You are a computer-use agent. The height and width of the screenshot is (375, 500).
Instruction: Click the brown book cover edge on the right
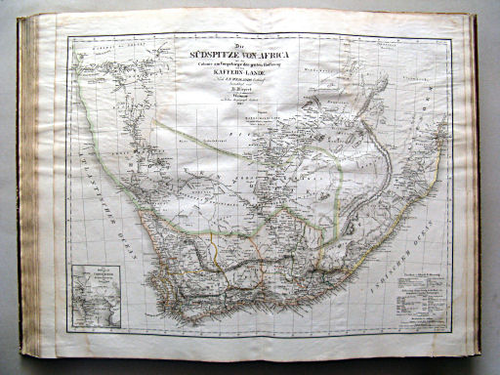pos(476,186)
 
